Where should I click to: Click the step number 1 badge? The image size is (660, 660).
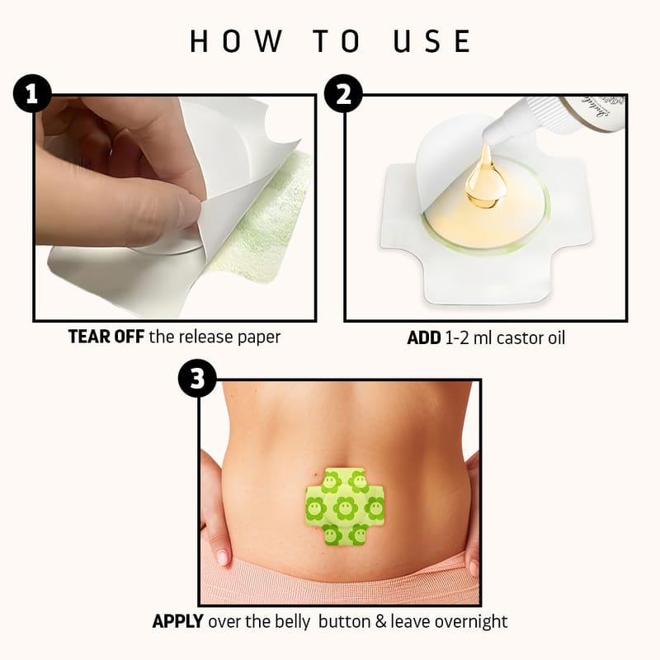(32, 93)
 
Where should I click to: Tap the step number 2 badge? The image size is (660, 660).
(343, 93)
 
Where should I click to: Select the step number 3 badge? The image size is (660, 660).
(197, 378)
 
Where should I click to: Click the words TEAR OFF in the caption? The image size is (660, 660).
(106, 337)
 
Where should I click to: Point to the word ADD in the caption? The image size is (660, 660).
(424, 338)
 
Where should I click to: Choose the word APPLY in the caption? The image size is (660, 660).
(177, 621)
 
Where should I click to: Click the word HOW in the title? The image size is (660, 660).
(236, 41)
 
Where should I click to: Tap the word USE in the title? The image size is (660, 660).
(431, 41)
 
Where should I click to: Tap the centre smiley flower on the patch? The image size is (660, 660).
(345, 508)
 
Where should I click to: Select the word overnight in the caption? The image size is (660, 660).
(471, 622)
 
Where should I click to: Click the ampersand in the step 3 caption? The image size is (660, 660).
(380, 622)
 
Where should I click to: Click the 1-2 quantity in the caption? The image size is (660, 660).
(456, 338)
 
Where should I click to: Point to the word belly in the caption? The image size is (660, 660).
(293, 622)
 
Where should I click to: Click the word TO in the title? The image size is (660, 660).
(337, 41)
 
